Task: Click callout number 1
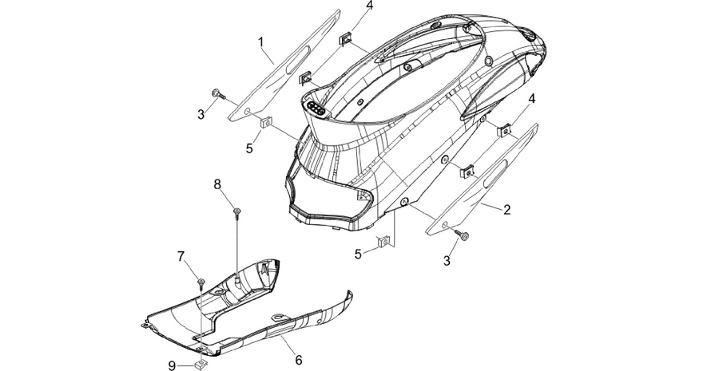click(261, 42)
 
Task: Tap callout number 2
click(506, 210)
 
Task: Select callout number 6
click(299, 360)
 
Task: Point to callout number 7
click(181, 256)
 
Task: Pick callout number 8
click(217, 184)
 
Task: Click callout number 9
click(172, 365)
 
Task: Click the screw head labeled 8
click(236, 211)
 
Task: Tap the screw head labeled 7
click(201, 281)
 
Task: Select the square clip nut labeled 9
click(200, 365)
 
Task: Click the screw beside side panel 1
click(219, 95)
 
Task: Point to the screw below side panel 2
click(463, 235)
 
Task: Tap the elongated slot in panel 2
click(495, 174)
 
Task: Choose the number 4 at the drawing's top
click(370, 6)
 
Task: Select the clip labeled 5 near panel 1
click(265, 122)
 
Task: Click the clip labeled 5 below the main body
click(383, 241)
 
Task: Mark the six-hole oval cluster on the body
click(316, 108)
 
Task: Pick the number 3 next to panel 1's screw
click(201, 115)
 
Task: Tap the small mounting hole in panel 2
click(444, 225)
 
